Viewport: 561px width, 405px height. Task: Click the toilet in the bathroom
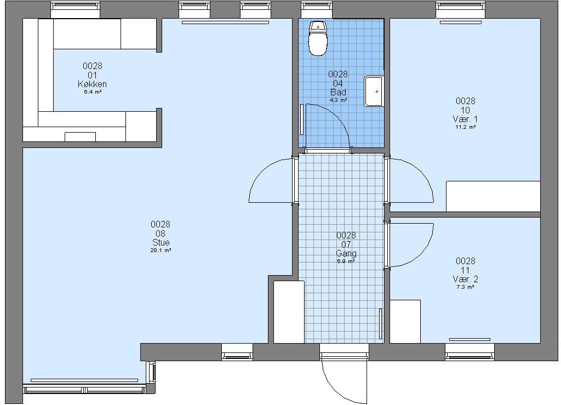coord(318,38)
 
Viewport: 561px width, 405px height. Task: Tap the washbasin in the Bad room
coord(374,91)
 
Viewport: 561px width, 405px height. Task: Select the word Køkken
coord(92,84)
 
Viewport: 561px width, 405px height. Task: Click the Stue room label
coord(161,243)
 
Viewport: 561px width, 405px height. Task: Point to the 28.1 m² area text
coord(161,250)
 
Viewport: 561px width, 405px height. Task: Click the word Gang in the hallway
coord(346,254)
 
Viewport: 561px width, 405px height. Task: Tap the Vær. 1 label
coord(465,119)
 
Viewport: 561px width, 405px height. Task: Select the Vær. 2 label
coord(465,279)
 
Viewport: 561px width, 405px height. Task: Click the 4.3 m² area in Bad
coord(338,100)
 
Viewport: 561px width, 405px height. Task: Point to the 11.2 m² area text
coord(465,127)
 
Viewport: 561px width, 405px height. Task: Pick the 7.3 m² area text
coord(465,287)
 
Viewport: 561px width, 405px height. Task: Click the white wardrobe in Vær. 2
coord(405,321)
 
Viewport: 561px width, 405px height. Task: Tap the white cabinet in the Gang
coord(289,312)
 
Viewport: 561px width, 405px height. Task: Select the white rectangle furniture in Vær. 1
coord(493,196)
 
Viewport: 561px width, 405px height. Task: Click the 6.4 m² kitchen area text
coord(92,92)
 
